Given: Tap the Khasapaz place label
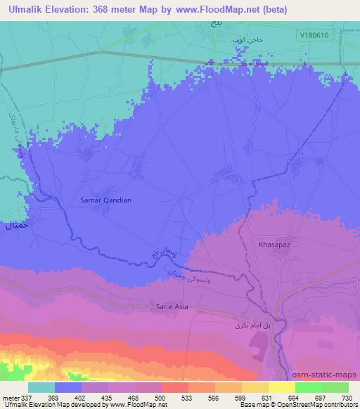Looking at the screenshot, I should click(x=269, y=243).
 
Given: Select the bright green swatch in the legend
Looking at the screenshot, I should click(x=308, y=387).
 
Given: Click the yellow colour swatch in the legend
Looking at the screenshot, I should click(x=281, y=387).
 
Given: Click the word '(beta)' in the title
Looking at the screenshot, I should click(x=271, y=8).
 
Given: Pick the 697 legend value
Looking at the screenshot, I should click(x=319, y=398).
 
